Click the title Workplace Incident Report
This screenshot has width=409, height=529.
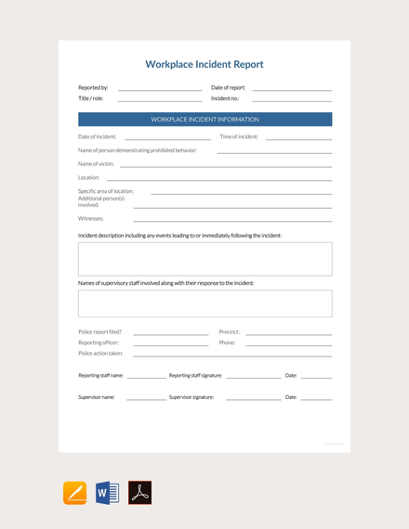[204, 65]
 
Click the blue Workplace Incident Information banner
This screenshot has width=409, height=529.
[204, 120]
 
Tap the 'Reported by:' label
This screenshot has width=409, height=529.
[93, 87]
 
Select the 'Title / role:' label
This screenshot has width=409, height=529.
[91, 97]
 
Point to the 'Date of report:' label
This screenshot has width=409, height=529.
[229, 87]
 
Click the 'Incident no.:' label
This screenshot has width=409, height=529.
[225, 97]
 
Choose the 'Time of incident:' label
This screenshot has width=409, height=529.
[239, 136]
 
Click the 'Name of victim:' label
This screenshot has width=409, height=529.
[96, 163]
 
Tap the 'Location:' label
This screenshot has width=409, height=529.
[89, 177]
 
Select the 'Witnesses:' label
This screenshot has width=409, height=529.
[91, 218]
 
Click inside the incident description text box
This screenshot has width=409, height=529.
[204, 259]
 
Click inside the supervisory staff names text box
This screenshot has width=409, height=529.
[204, 303]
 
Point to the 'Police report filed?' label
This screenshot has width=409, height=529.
[99, 331]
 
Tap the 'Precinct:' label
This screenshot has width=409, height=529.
[229, 331]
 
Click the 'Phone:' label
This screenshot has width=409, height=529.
[227, 342]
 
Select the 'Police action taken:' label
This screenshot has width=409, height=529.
[100, 354]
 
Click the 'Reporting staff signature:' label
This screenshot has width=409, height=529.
[195, 376]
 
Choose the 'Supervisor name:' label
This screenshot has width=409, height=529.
[97, 397]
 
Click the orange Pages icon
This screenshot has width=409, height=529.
[75, 493]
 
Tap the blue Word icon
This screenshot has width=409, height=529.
[107, 493]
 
